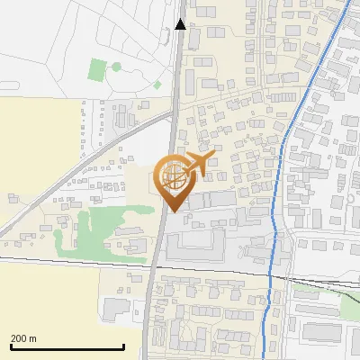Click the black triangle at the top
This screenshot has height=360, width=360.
click(181, 24)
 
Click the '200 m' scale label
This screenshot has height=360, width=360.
click(23, 338)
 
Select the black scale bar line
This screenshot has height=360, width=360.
click(67, 347)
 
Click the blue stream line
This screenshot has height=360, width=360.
click(286, 135)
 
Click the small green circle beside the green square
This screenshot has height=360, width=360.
click(115, 66)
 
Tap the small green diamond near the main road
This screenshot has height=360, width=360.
click(157, 85)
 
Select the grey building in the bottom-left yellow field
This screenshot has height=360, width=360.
click(116, 310)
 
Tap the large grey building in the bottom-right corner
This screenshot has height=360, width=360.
click(319, 331)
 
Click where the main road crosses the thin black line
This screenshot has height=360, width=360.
click(152, 267)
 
